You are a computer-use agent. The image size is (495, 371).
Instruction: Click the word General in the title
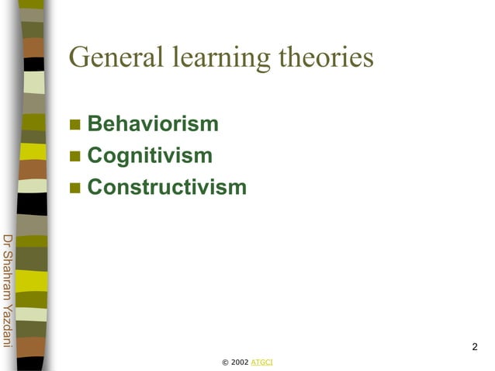coord(116,57)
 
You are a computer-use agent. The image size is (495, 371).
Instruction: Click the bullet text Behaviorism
coord(153,124)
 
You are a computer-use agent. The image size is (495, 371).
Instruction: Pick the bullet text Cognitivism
coord(150,156)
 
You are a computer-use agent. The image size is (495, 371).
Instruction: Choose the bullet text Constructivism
coord(167,187)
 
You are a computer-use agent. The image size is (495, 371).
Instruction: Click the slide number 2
coord(474,346)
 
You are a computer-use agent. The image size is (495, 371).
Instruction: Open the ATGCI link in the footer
coord(262,362)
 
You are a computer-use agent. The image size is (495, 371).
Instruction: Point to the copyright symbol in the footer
coord(225,362)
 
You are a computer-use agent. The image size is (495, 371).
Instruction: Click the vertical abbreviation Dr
coord(8,241)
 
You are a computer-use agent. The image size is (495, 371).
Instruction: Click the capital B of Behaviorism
coord(95,124)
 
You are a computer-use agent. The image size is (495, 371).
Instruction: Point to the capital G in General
coord(80,57)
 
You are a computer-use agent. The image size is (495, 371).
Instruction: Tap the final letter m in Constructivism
coord(237,187)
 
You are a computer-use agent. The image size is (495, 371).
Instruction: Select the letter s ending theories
coord(369,59)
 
